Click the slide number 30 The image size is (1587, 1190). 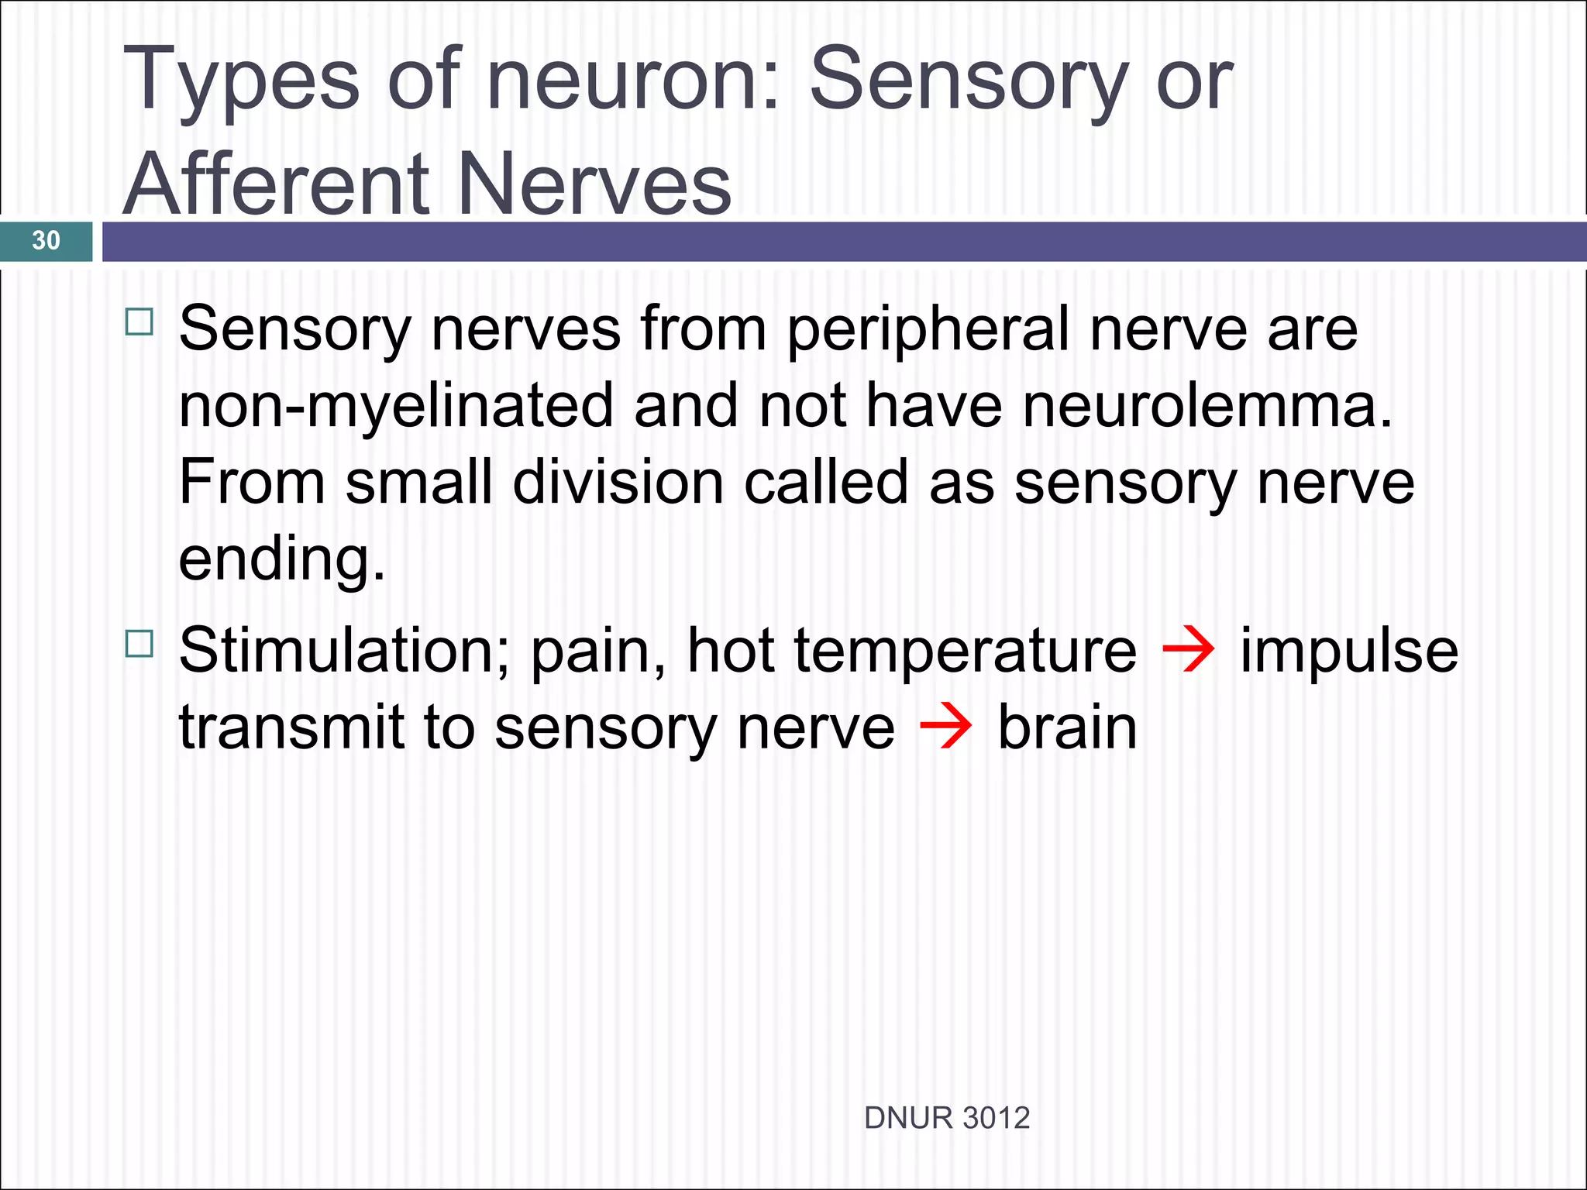pos(46,240)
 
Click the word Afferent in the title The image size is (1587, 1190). pos(276,184)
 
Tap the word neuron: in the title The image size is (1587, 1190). pos(632,79)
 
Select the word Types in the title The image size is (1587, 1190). pos(241,81)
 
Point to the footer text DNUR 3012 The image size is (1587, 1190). pos(946,1118)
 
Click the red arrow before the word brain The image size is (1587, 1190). pos(945,727)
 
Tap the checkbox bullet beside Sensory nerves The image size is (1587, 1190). pos(139,322)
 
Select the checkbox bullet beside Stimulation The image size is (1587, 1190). pos(139,643)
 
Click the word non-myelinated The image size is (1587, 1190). pos(396,406)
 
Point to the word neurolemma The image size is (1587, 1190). pos(1207,406)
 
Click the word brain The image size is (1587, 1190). pos(1067,727)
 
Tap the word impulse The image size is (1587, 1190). pos(1348,651)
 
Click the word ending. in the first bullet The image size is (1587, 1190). pos(281,559)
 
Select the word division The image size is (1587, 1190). pos(618,482)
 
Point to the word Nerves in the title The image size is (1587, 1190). pos(594,184)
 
